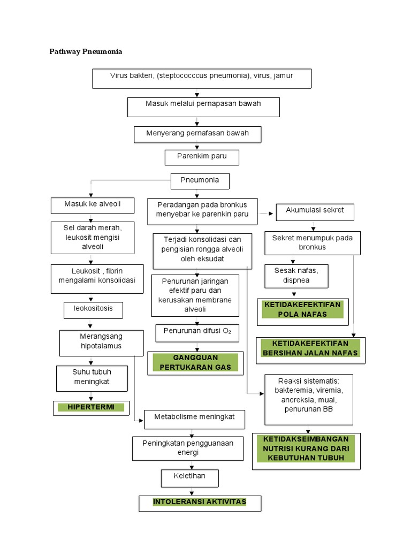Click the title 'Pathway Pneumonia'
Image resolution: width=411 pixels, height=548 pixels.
(86, 52)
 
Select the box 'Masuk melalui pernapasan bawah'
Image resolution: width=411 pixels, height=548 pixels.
(203, 106)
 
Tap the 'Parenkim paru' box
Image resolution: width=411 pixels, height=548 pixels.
(201, 157)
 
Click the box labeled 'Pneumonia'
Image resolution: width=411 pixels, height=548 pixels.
(200, 181)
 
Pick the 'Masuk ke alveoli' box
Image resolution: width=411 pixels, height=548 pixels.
(93, 205)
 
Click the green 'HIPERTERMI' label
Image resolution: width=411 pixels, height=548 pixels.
(90, 407)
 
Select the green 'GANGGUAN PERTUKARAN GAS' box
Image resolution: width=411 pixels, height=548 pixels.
(195, 362)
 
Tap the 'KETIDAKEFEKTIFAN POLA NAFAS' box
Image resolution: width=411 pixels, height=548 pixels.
(302, 309)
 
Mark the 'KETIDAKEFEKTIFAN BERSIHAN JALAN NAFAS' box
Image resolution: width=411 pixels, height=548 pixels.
(310, 348)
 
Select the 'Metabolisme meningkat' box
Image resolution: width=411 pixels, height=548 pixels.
(195, 418)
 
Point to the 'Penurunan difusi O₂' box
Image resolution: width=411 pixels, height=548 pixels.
(197, 333)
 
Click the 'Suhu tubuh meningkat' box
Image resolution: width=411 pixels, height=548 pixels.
(92, 378)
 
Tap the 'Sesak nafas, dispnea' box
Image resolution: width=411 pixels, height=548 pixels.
(296, 276)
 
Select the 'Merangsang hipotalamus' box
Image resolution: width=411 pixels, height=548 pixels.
(101, 342)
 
